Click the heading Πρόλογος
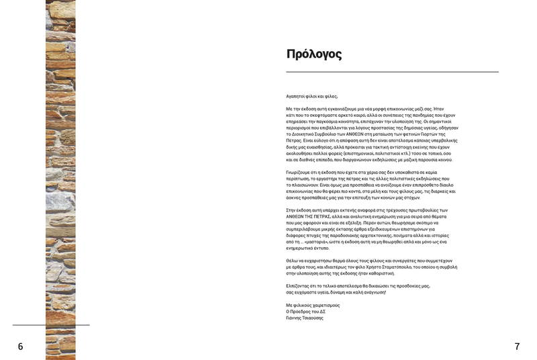pyautogui.click(x=313, y=54)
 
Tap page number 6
pyautogui.click(x=20, y=347)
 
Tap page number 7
pyautogui.click(x=517, y=347)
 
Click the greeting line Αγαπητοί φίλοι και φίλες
pyautogui.click(x=311, y=96)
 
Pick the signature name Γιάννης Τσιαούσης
pyautogui.click(x=305, y=318)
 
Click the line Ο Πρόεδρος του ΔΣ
pyautogui.click(x=306, y=312)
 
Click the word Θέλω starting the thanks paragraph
pyautogui.click(x=293, y=261)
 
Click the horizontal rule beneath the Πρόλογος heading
pyautogui.click(x=392, y=72)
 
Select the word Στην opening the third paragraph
pyautogui.click(x=292, y=210)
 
